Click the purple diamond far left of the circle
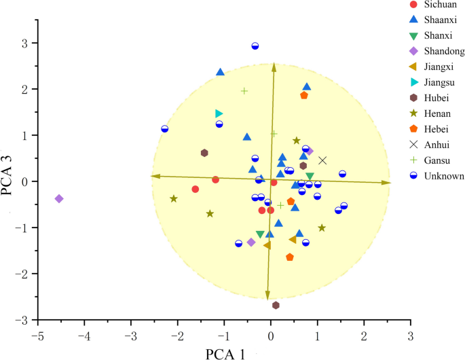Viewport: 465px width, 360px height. [59, 198]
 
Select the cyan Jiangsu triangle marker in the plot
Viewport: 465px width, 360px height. [219, 113]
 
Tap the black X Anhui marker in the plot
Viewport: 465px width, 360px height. [322, 160]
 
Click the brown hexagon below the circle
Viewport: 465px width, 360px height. [276, 305]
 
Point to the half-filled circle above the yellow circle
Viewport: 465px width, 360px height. [255, 46]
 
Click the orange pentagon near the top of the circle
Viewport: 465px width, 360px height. [303, 95]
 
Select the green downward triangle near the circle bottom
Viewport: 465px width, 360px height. [260, 234]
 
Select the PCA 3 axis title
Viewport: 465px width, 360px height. [8, 174]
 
